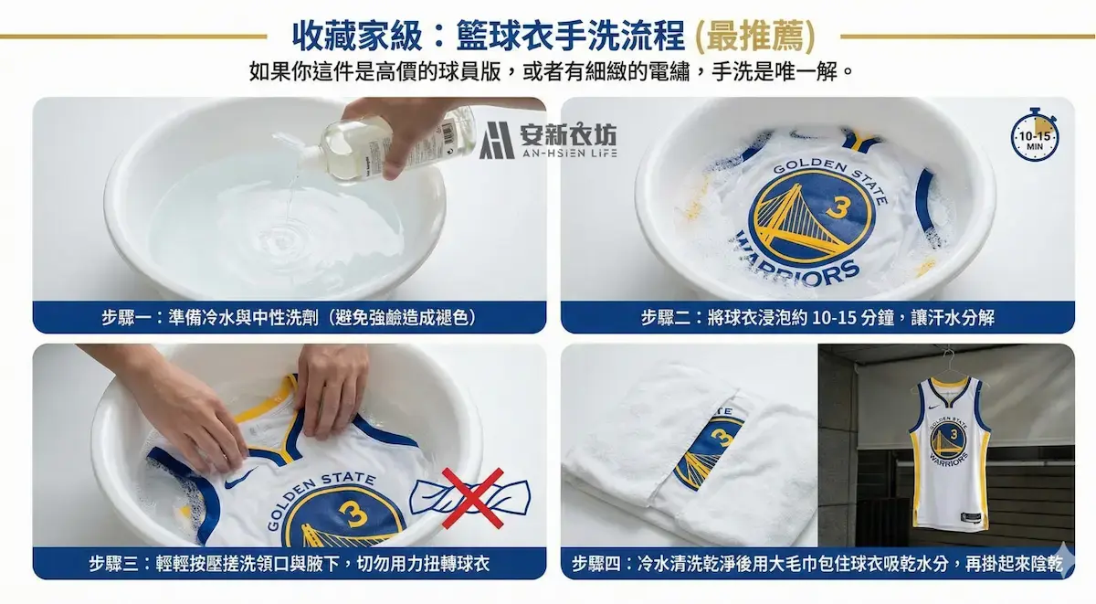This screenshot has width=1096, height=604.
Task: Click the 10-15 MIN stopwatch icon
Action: coord(1034,135)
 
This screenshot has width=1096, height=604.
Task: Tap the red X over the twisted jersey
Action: coord(473,498)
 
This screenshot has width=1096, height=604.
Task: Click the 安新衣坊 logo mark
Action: coord(496,140)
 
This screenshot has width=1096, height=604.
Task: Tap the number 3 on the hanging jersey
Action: coord(954,434)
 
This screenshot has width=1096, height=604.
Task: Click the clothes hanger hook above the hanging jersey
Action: coord(948,358)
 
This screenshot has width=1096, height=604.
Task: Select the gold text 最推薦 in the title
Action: coord(755,37)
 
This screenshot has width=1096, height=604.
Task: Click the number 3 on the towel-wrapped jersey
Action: coord(722,438)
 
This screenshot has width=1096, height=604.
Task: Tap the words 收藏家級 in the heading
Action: coord(357,37)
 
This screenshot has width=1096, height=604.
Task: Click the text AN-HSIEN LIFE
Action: coord(570,154)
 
